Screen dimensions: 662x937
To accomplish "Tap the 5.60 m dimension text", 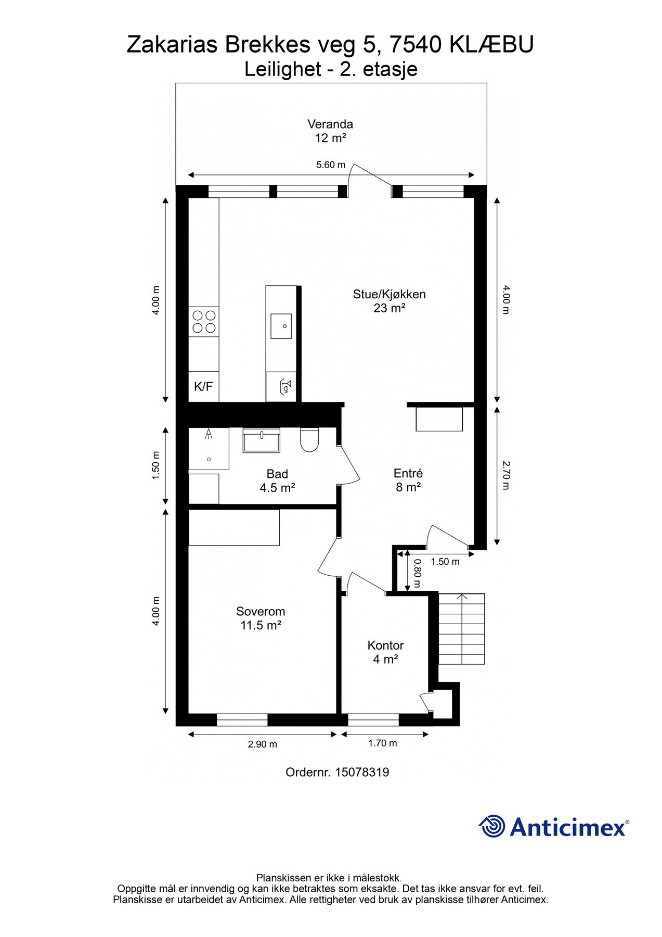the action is (331, 165).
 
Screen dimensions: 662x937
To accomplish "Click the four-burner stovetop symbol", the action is (204, 322).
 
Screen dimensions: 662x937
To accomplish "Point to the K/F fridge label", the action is (203, 387).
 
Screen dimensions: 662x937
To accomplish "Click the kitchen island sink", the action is (281, 326).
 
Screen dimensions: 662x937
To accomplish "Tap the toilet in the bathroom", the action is (309, 440).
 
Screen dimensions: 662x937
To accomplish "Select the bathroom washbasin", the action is (262, 440).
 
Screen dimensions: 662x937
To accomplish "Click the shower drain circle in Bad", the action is (209, 459).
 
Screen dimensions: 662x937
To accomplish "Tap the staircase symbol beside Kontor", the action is (462, 629).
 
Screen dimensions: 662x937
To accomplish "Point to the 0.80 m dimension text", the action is (417, 573).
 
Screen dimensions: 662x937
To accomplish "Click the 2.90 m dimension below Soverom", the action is (263, 744).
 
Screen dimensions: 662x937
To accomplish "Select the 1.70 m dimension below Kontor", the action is (383, 743).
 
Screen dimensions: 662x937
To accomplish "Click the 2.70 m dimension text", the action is (506, 475).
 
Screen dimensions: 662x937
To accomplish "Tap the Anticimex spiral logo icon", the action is (492, 826).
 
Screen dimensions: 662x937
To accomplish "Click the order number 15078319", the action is (362, 773).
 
